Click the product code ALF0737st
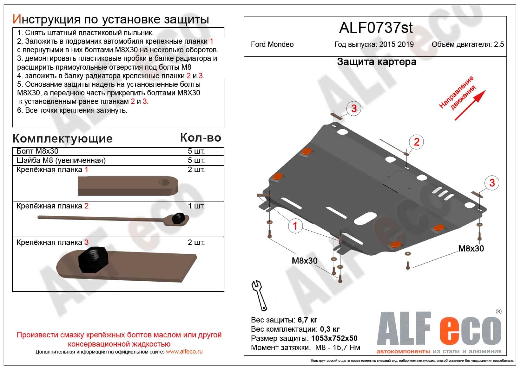[x=376, y=28]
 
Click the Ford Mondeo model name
[x=272, y=44]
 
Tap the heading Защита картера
[x=377, y=61]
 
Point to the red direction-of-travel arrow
[x=470, y=105]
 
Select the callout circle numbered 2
[x=416, y=142]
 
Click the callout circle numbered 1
[x=295, y=226]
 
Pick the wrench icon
[x=259, y=295]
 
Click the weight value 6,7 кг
[x=307, y=320]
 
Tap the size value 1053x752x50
[x=334, y=338]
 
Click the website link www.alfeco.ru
[x=184, y=352]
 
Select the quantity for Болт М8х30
[x=196, y=151]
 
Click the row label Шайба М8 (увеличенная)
[x=61, y=160]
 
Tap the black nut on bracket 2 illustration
[x=179, y=218]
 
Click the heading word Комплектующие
[x=63, y=139]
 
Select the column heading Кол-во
[x=201, y=137]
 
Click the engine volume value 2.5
[x=499, y=44]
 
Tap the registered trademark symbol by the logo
[x=498, y=312]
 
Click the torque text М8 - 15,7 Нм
[x=338, y=348]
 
